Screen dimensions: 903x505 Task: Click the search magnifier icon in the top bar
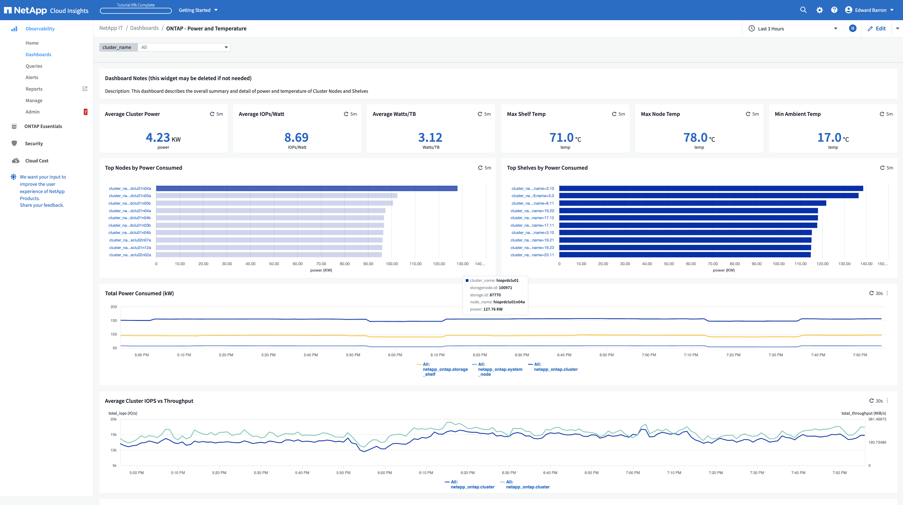(x=803, y=10)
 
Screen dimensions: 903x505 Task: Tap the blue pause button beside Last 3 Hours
(x=853, y=28)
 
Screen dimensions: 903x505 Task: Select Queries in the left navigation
(x=34, y=66)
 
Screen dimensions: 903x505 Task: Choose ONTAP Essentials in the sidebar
(x=43, y=126)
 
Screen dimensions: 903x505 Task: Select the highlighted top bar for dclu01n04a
(x=307, y=189)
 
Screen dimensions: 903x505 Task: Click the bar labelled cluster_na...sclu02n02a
(x=269, y=255)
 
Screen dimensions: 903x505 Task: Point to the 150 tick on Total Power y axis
(x=114, y=321)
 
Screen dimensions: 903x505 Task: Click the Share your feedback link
(x=42, y=205)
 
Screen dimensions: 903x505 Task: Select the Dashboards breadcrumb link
(x=144, y=28)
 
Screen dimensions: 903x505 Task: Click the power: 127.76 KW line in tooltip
(x=486, y=309)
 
